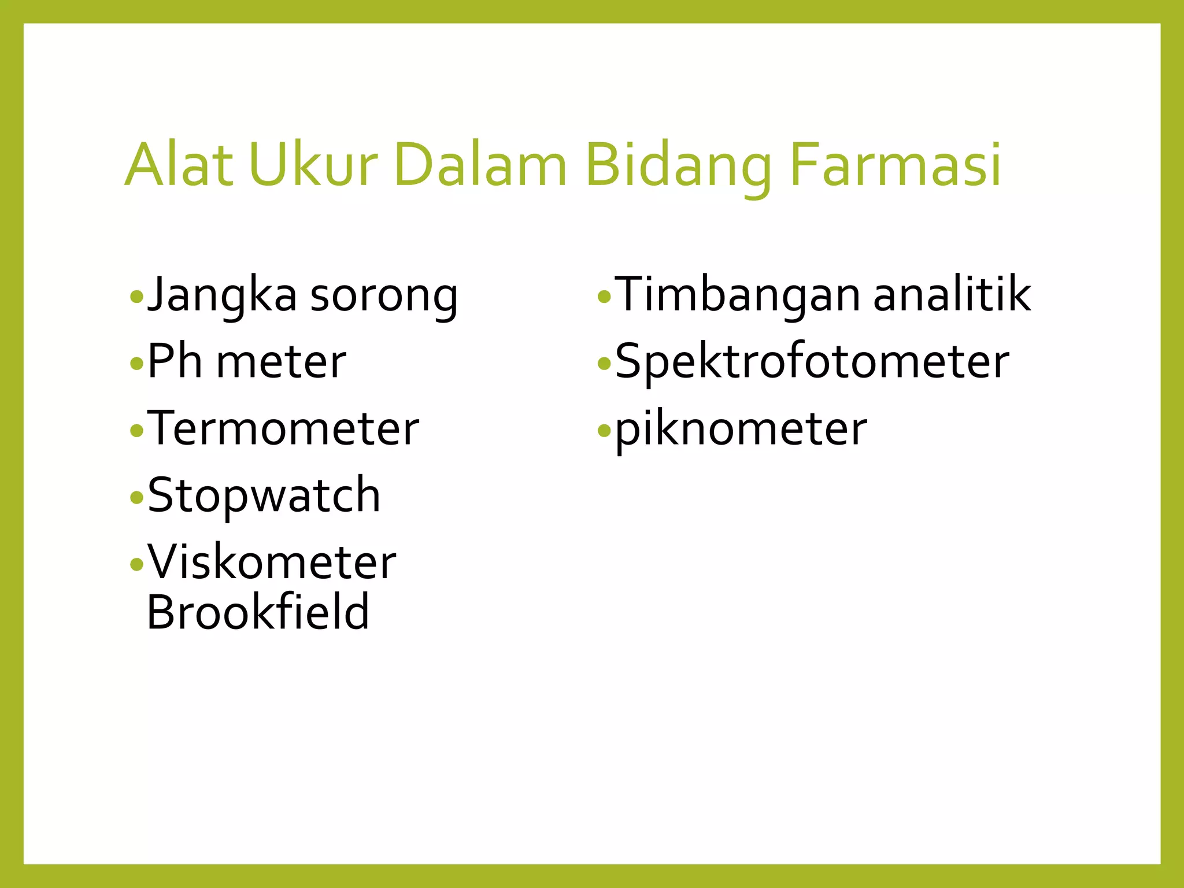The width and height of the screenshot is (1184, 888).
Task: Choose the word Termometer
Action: tap(283, 428)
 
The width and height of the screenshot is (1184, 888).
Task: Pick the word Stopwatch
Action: tap(264, 496)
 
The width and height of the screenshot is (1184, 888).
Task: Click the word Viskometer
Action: tap(272, 562)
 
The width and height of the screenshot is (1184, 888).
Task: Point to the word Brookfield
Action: tap(258, 612)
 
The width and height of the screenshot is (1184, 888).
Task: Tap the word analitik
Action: tap(952, 295)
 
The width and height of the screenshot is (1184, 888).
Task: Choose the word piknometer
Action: tap(741, 431)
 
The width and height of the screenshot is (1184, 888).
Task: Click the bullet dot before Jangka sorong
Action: tap(136, 298)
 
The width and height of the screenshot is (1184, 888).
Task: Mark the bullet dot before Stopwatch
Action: tap(136, 497)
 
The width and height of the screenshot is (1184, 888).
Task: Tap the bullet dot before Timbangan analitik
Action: tap(604, 298)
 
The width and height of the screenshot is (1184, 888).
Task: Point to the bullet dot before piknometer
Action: tap(604, 431)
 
